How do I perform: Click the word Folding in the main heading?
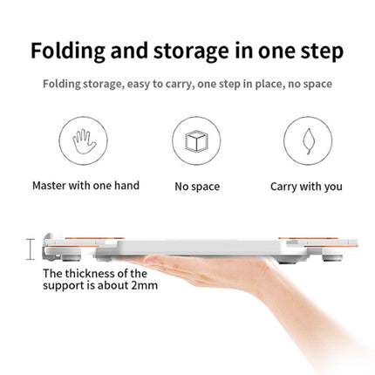(68, 51)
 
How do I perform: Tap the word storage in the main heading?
(191, 52)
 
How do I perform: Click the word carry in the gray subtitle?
(178, 85)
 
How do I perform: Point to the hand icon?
(84, 141)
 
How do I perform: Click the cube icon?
(196, 141)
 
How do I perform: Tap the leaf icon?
(308, 141)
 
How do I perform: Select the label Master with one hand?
(86, 186)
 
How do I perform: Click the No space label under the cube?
(197, 187)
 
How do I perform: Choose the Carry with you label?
(306, 187)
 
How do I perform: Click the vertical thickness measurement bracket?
(31, 249)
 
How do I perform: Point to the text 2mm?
(144, 285)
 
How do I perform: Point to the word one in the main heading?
(276, 52)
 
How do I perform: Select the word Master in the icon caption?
(49, 186)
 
